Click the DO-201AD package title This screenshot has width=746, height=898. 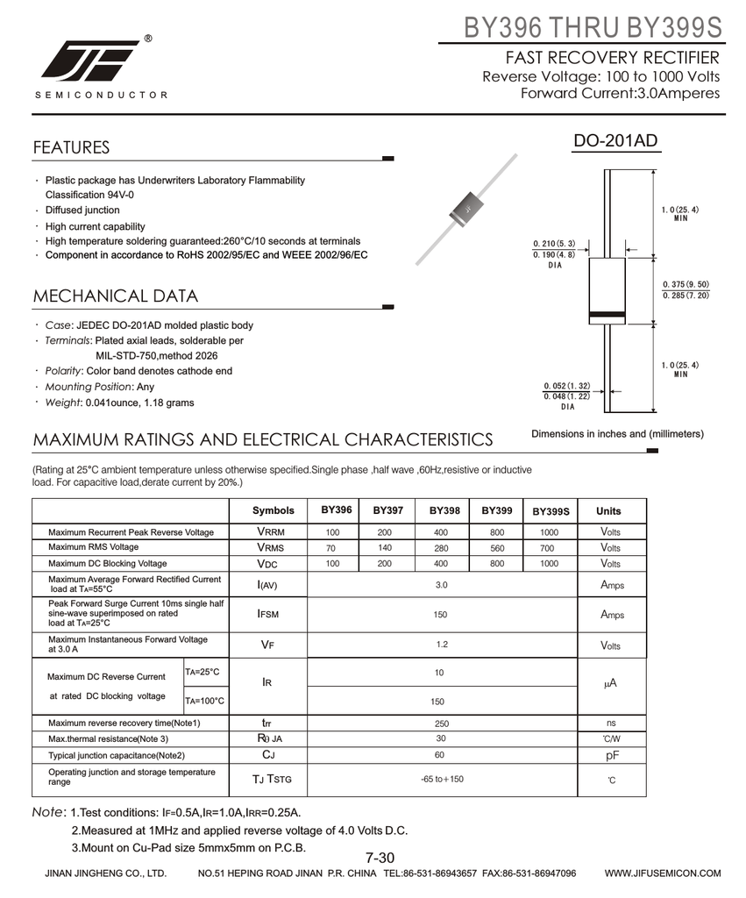coord(615,142)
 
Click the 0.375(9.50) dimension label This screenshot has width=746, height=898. coord(686,284)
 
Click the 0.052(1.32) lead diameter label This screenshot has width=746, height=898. coord(566,386)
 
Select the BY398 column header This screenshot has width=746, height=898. coord(444,510)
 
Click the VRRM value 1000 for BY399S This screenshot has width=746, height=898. coord(549,532)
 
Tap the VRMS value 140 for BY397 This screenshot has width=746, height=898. coord(384,547)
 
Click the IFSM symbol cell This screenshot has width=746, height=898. coord(267,615)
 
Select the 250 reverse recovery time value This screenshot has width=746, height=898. coord(441,723)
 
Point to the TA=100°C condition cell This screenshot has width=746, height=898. coord(204,701)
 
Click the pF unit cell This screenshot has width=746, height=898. coord(611,755)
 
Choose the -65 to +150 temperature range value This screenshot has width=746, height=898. coord(441,779)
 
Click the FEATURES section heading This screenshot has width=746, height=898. coord(71,147)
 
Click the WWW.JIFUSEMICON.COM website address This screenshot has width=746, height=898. coord(663,873)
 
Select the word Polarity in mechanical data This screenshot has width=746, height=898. coord(63,371)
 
